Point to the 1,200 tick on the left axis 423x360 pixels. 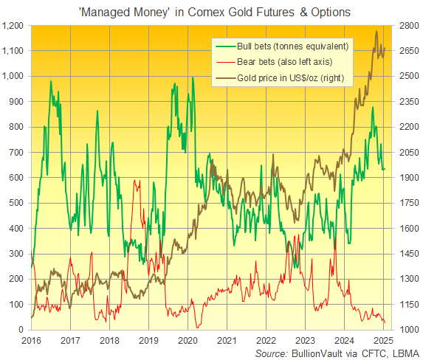click(15, 25)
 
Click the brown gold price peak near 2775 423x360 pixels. click(377, 32)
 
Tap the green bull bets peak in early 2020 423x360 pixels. click(192, 77)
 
